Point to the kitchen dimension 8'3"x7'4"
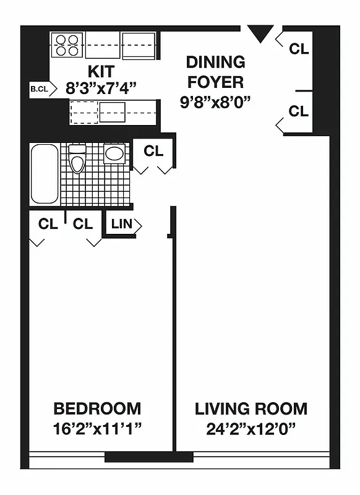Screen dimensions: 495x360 click(x=102, y=87)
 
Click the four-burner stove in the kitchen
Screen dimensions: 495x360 click(x=67, y=45)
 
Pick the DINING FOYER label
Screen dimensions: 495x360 click(x=215, y=72)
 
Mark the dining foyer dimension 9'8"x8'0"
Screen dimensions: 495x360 click(x=215, y=102)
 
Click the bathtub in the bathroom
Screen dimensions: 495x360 click(x=45, y=174)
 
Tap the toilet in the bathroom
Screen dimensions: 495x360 click(x=77, y=160)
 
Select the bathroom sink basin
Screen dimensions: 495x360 click(x=114, y=153)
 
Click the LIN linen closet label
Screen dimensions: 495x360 click(x=122, y=224)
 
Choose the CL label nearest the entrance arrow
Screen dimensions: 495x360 click(x=298, y=49)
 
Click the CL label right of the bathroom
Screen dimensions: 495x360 click(x=153, y=150)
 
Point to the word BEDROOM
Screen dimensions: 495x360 click(x=97, y=408)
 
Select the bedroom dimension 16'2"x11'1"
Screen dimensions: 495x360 click(x=97, y=428)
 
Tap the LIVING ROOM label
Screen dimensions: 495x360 click(x=251, y=408)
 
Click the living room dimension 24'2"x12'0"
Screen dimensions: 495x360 click(x=251, y=428)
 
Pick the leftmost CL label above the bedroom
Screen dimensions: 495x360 click(x=48, y=224)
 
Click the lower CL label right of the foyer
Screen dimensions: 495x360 click(x=298, y=111)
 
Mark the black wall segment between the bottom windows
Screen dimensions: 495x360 click(x=148, y=457)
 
